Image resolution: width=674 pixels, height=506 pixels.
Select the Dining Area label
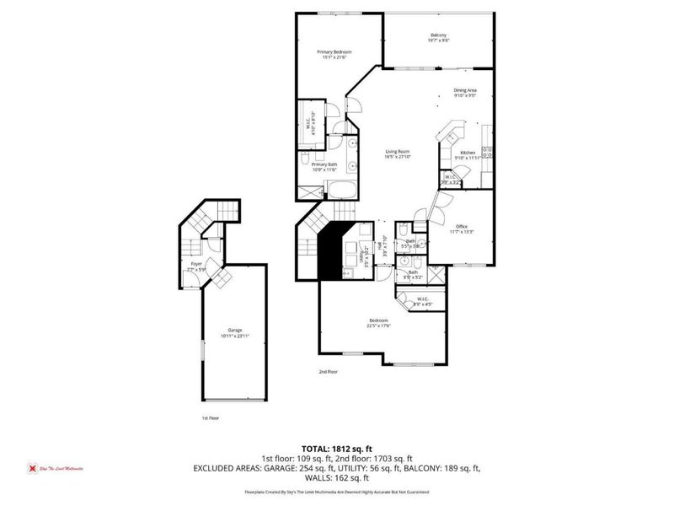[x=466, y=92]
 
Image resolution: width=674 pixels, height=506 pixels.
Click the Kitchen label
[x=468, y=153]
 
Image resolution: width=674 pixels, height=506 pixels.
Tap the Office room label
[x=462, y=227]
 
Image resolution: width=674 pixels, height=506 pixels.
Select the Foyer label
[x=195, y=264]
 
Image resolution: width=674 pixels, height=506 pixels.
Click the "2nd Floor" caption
[x=328, y=371]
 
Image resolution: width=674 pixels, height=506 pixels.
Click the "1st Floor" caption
[x=211, y=417]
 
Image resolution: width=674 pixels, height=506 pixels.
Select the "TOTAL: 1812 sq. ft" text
[x=336, y=449]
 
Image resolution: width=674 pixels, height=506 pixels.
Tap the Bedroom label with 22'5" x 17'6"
[x=378, y=323]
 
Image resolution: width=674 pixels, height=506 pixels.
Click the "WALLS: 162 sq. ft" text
[x=337, y=476]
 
